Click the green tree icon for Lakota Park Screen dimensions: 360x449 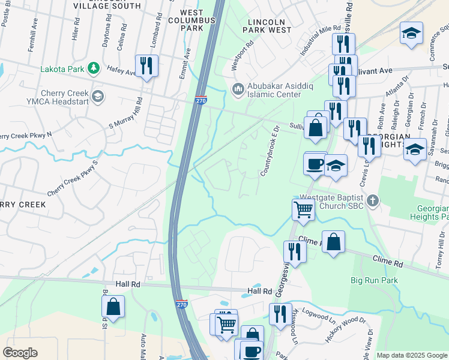pyautogui.click(x=93, y=68)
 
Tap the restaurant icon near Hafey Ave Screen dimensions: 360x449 pyautogui.click(x=146, y=65)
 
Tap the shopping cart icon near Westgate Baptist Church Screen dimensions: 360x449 pyautogui.click(x=304, y=210)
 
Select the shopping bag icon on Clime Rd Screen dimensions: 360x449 pyautogui.click(x=333, y=242)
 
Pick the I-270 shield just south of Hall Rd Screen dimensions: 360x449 pyautogui.click(x=181, y=305)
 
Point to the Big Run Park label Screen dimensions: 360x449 pyautogui.click(x=375, y=280)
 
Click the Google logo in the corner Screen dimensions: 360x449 pyautogui.click(x=20, y=353)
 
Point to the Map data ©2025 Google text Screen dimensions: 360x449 pyautogui.click(x=411, y=355)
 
